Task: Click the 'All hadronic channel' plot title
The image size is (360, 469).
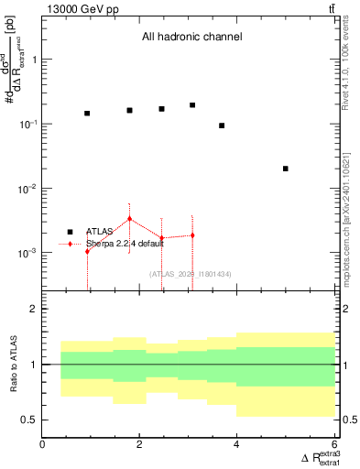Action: point(191,38)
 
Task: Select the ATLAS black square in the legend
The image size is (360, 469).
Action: point(70,232)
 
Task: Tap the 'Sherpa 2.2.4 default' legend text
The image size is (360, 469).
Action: point(125,245)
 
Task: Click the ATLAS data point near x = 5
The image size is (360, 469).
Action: point(286,169)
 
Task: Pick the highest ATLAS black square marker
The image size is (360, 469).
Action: point(192,105)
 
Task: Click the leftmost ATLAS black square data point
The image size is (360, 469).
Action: point(87,114)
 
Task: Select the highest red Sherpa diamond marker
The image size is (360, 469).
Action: point(130,219)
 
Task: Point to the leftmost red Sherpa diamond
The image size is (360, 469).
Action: point(87,251)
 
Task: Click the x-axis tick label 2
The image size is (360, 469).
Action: point(140,445)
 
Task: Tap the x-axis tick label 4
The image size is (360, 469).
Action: point(237,445)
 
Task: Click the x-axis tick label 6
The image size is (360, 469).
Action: point(334,445)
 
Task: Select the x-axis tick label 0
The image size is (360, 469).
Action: point(43,445)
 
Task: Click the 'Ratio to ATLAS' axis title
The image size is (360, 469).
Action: point(13,364)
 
